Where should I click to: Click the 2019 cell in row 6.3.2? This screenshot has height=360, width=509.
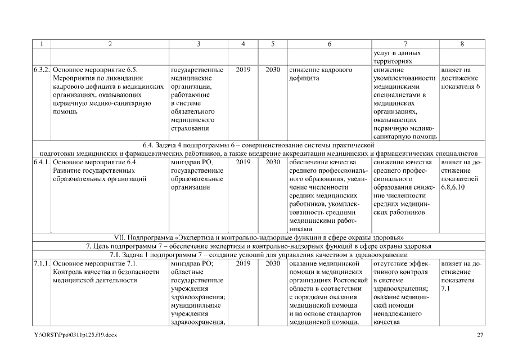click(244, 70)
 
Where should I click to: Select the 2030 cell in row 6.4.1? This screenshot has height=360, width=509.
click(273, 162)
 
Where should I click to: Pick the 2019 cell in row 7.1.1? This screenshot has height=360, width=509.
click(244, 263)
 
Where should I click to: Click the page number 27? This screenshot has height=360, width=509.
click(480, 335)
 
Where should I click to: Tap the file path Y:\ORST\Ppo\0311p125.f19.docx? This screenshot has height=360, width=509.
click(75, 335)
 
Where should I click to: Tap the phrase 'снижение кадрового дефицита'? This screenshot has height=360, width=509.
click(321, 74)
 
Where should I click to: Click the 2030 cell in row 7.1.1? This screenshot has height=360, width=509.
click(273, 263)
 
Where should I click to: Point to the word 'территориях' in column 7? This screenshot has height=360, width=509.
click(393, 61)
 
